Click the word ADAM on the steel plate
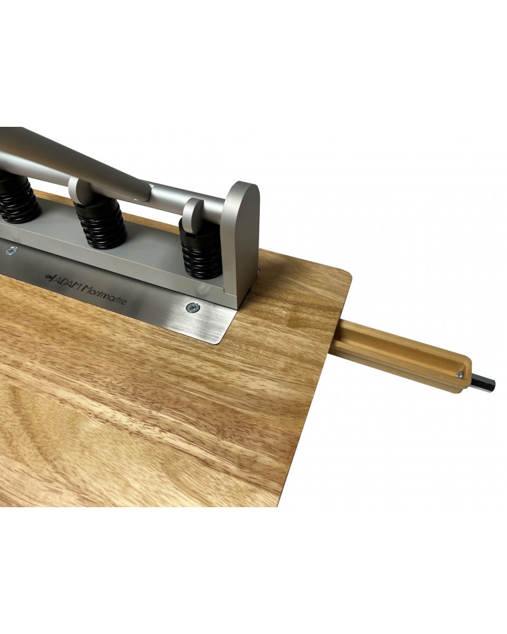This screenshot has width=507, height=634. pos(67,282)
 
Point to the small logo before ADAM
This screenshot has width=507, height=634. pos(49,277)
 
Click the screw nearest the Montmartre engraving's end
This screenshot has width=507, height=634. pos(193,307)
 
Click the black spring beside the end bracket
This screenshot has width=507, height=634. pos(201,253)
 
